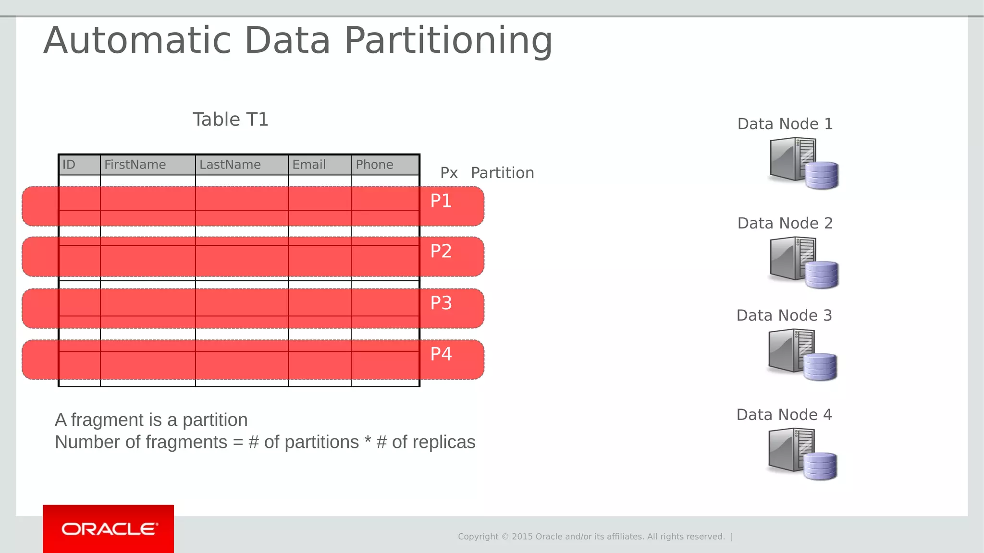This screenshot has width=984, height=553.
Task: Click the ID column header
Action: coord(69,165)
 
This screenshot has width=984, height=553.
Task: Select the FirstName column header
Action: coord(135,165)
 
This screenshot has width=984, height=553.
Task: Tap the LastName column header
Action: coord(230,165)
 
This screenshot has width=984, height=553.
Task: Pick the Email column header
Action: coord(309,165)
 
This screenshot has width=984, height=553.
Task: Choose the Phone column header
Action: coord(374,165)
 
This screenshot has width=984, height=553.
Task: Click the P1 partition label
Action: coord(441,201)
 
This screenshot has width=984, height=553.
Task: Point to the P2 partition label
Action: coord(441,252)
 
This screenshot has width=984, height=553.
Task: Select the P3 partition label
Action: coord(441,303)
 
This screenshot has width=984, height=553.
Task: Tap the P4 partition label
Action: coord(441,354)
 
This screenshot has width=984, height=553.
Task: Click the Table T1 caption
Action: coord(230,120)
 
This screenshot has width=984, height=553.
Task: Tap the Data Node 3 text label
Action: coord(784,315)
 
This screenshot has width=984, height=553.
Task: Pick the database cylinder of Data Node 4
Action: coord(820,466)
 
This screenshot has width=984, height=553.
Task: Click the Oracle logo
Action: coord(109,529)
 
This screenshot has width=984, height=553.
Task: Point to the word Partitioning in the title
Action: coord(448,40)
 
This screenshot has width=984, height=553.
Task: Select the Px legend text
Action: coord(449,173)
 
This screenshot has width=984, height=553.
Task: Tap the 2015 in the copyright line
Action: coord(522,537)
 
